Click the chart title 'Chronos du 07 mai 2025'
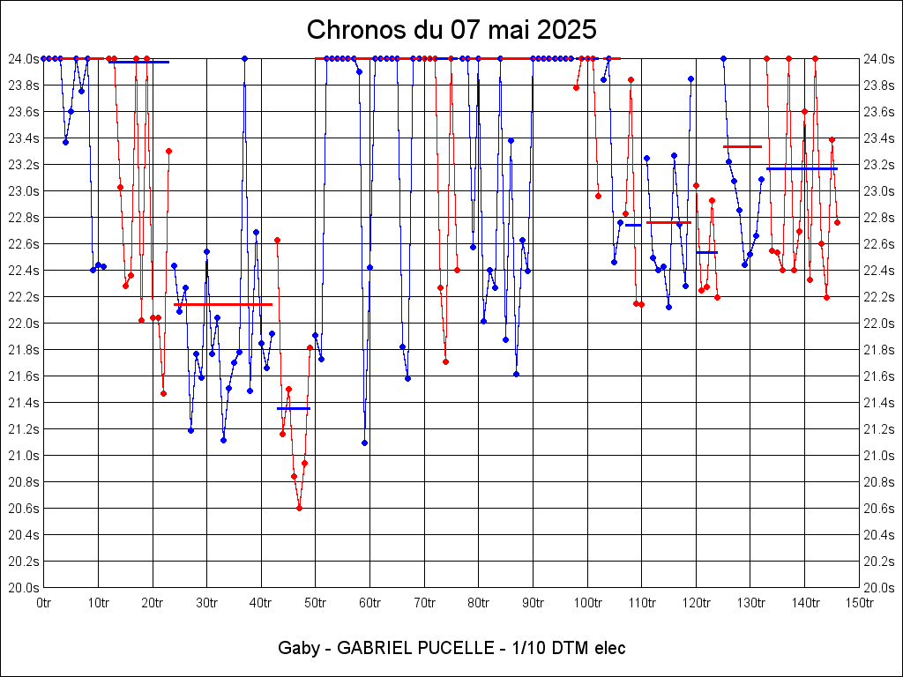[x=451, y=30]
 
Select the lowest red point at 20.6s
[x=299, y=508]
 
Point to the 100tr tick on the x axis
[x=586, y=603]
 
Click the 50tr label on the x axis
[x=315, y=603]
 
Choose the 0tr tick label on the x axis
[x=43, y=603]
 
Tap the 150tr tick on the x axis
[x=858, y=603]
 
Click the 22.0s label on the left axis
[x=24, y=324]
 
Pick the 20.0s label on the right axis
[x=879, y=588]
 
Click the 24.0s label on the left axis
[x=24, y=59]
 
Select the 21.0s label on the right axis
[x=879, y=456]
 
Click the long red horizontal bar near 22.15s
[x=224, y=304]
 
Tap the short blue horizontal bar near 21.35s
[x=294, y=408]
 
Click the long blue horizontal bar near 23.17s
[x=802, y=168]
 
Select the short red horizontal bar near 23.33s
[x=742, y=146]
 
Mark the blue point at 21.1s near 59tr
[x=364, y=443]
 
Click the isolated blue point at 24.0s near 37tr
[x=244, y=58]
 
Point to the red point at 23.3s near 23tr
[x=168, y=151]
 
